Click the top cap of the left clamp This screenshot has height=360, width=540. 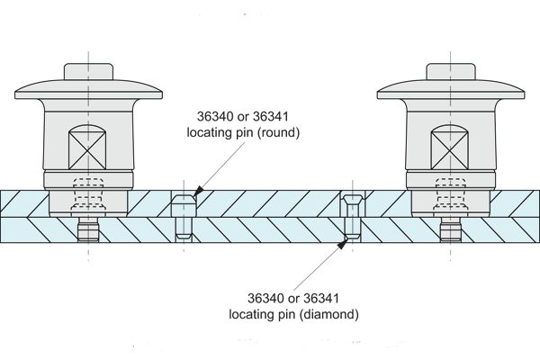click(x=88, y=71)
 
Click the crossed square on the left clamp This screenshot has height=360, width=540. click(x=88, y=145)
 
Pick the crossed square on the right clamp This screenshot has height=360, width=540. click(x=451, y=145)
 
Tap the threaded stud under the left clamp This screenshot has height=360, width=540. click(x=87, y=233)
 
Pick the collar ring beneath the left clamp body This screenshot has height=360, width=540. click(x=87, y=181)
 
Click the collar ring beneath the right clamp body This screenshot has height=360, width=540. click(x=450, y=181)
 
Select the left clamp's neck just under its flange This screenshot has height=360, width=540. click(x=87, y=106)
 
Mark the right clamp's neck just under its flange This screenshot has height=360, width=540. click(x=451, y=106)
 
